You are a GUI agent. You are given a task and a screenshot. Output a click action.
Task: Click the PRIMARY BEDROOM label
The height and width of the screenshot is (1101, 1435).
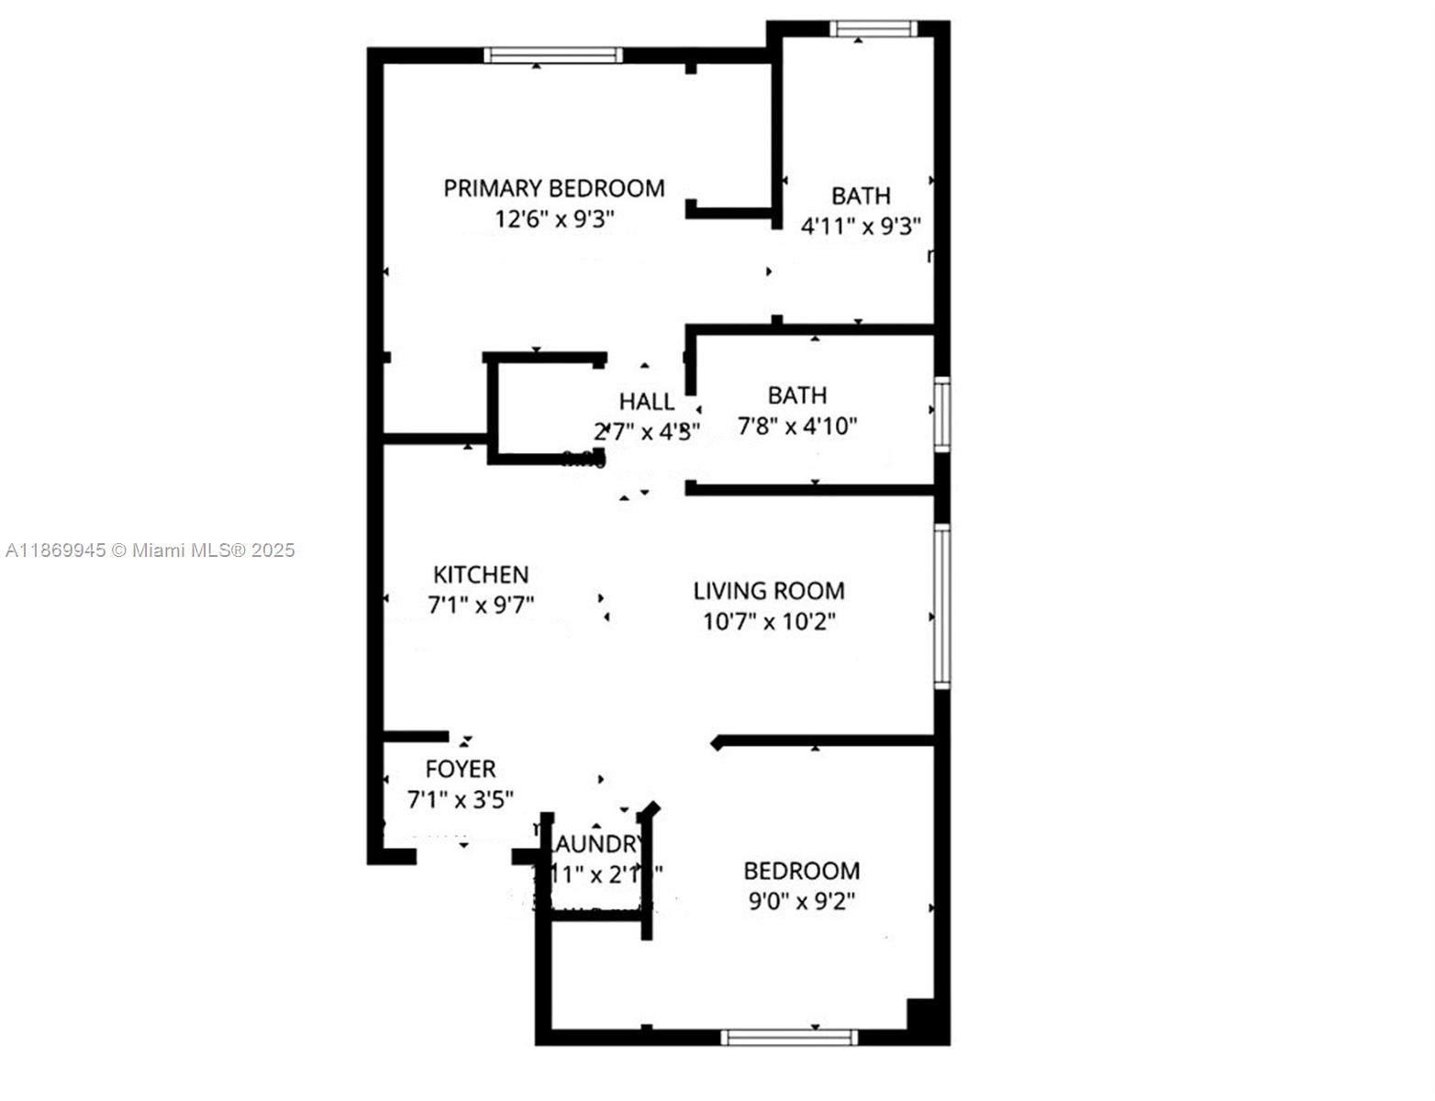pos(554,188)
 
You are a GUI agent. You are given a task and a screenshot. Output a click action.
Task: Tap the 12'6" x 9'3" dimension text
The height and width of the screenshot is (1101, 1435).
pos(554,220)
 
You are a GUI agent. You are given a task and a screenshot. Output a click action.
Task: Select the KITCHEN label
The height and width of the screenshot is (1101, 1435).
pos(481,575)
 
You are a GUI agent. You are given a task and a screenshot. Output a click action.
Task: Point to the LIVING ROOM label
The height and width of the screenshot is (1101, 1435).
pos(769,591)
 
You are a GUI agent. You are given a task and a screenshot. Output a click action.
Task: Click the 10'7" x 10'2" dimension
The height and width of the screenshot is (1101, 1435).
pos(769,622)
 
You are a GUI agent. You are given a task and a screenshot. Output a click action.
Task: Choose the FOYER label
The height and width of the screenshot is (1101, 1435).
pos(461,769)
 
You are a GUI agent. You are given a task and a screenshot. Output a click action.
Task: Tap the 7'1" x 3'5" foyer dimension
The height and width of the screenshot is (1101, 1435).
pos(461,800)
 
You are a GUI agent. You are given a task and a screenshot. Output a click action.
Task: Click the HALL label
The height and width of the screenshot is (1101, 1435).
pos(646,402)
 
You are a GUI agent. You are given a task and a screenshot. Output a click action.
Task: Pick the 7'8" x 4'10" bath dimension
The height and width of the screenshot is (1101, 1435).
pos(797,427)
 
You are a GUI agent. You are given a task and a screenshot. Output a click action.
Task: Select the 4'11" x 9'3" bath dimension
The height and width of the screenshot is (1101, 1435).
pos(861,227)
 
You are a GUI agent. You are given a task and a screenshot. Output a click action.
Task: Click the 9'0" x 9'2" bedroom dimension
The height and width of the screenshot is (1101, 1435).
pos(802,902)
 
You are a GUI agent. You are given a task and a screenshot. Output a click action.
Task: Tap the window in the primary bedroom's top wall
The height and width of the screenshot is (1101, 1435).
pos(553,55)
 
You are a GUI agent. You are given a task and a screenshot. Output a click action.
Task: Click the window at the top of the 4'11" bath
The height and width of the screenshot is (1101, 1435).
pos(873,28)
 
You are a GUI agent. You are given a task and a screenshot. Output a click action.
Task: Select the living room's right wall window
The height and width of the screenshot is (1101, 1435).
pos(942,606)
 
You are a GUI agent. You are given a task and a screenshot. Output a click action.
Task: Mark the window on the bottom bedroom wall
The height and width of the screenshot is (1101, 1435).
pos(789,1038)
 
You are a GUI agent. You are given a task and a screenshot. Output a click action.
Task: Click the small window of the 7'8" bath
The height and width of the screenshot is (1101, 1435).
pos(942,413)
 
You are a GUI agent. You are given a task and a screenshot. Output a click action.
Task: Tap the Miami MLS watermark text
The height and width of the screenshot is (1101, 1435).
pos(150,550)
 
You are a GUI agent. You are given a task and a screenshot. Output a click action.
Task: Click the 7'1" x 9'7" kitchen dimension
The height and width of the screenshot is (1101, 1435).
pos(481,606)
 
